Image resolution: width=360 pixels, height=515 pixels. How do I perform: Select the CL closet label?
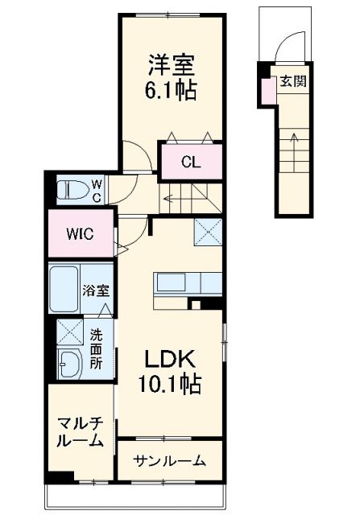coord(191,163)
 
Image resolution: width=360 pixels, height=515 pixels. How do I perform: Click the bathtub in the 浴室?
coord(64,290)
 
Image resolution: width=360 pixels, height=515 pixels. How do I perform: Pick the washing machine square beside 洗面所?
coord(69,331)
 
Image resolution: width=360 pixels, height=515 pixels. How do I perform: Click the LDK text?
coord(172,359)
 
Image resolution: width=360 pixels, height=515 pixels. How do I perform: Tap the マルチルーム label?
coord(80,432)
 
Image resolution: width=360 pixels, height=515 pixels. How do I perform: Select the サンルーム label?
coord(168,461)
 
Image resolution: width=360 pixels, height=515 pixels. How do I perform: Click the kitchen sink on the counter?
coord(172,282)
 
